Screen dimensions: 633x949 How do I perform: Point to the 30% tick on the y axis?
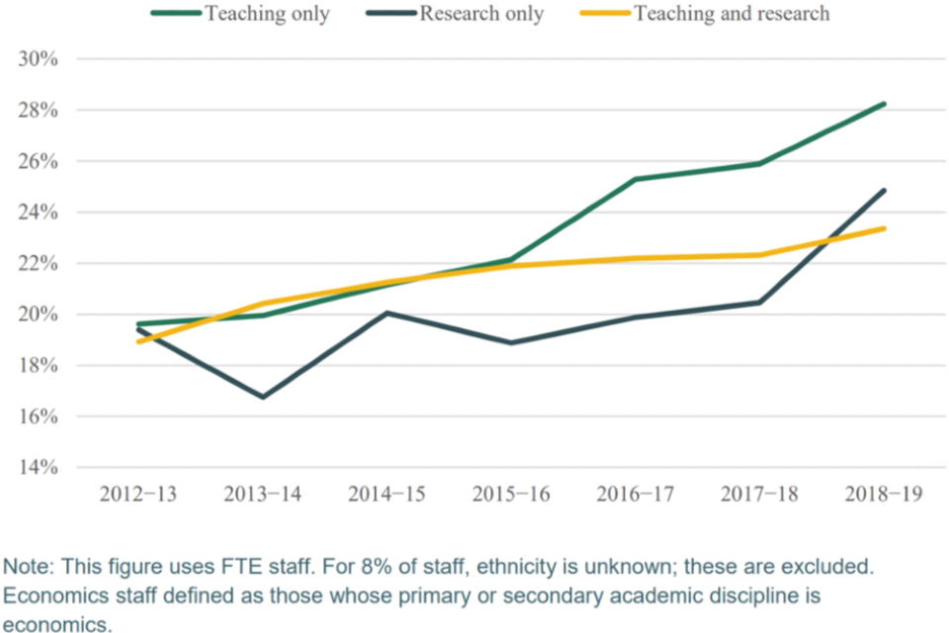[x=39, y=59]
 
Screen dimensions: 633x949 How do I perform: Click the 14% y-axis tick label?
[x=39, y=468]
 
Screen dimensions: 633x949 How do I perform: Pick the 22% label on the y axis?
[x=39, y=264]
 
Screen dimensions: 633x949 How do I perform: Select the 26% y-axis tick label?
[x=39, y=161]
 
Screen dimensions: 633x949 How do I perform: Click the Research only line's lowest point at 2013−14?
[x=263, y=397]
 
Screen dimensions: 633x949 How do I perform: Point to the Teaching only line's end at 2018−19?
[x=883, y=104]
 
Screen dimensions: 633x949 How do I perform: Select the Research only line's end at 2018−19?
[x=883, y=191]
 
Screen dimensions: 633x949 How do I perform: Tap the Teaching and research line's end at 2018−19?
[x=883, y=228]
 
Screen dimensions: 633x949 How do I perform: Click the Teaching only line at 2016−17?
[x=635, y=179]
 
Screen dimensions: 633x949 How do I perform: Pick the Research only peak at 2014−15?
[x=387, y=313]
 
